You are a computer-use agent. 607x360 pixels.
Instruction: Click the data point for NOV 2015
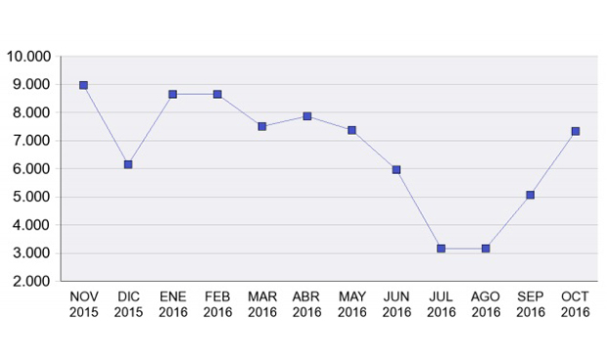(83, 85)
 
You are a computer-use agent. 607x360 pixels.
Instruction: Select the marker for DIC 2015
(128, 164)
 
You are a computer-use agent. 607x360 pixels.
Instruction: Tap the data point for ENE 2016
(172, 95)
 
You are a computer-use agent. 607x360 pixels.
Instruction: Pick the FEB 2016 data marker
(217, 95)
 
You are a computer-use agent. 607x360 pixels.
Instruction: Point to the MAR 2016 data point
(262, 126)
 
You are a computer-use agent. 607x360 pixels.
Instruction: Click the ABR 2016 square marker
(307, 116)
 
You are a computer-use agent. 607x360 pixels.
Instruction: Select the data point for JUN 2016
(397, 169)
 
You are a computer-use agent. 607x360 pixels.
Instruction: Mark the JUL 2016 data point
(442, 248)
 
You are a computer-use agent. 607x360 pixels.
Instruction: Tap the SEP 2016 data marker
(531, 195)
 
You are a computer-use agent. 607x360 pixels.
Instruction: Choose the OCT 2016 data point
(576, 131)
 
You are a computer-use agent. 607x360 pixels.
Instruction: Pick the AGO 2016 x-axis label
(486, 304)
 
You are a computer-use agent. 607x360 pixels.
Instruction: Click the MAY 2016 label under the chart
(352, 304)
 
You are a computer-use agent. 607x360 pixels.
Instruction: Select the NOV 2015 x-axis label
(83, 304)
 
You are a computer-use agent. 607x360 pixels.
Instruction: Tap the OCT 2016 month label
(576, 304)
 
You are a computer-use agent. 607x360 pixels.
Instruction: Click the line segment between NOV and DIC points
(106, 125)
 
